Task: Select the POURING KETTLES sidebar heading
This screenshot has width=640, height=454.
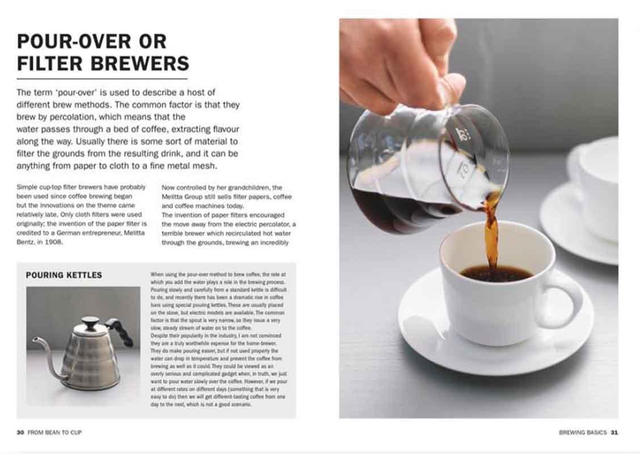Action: coord(64,275)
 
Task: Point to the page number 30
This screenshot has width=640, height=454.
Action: coord(20,432)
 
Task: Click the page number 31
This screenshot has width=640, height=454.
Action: coord(614,432)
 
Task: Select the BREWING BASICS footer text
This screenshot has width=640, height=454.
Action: coord(583,432)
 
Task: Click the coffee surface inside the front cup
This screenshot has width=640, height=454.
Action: coord(496,274)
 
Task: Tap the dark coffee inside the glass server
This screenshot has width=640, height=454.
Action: coord(386,210)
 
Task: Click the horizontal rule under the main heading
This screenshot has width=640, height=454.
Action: coord(102,78)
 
